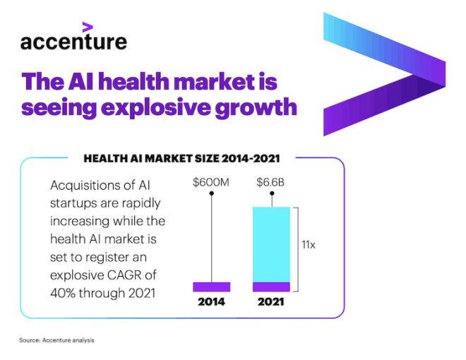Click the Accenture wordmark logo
73,42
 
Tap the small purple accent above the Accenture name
87,28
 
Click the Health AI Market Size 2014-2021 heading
182,159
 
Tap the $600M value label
211,183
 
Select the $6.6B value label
272,183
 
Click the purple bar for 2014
211,287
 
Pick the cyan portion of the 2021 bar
272,244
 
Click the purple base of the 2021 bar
272,287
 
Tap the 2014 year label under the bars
211,302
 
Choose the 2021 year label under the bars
272,302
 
